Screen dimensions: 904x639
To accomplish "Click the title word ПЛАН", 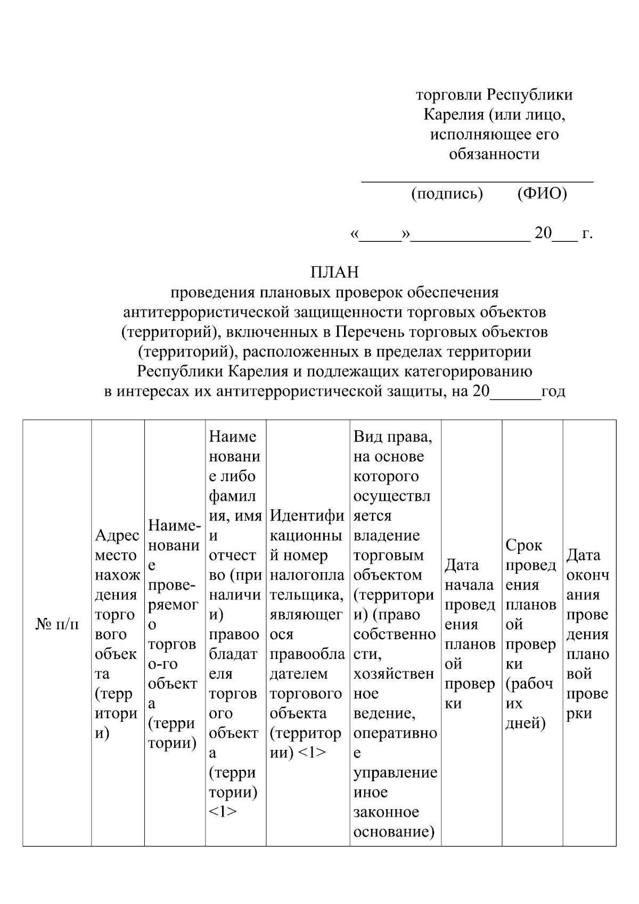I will coord(334,272).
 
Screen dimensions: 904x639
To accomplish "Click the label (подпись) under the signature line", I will coord(447,193).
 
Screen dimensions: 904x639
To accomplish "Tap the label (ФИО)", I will coord(542,193).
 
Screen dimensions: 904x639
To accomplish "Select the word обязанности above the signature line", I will coord(494,154).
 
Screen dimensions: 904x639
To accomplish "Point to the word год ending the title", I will coord(553,392).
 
